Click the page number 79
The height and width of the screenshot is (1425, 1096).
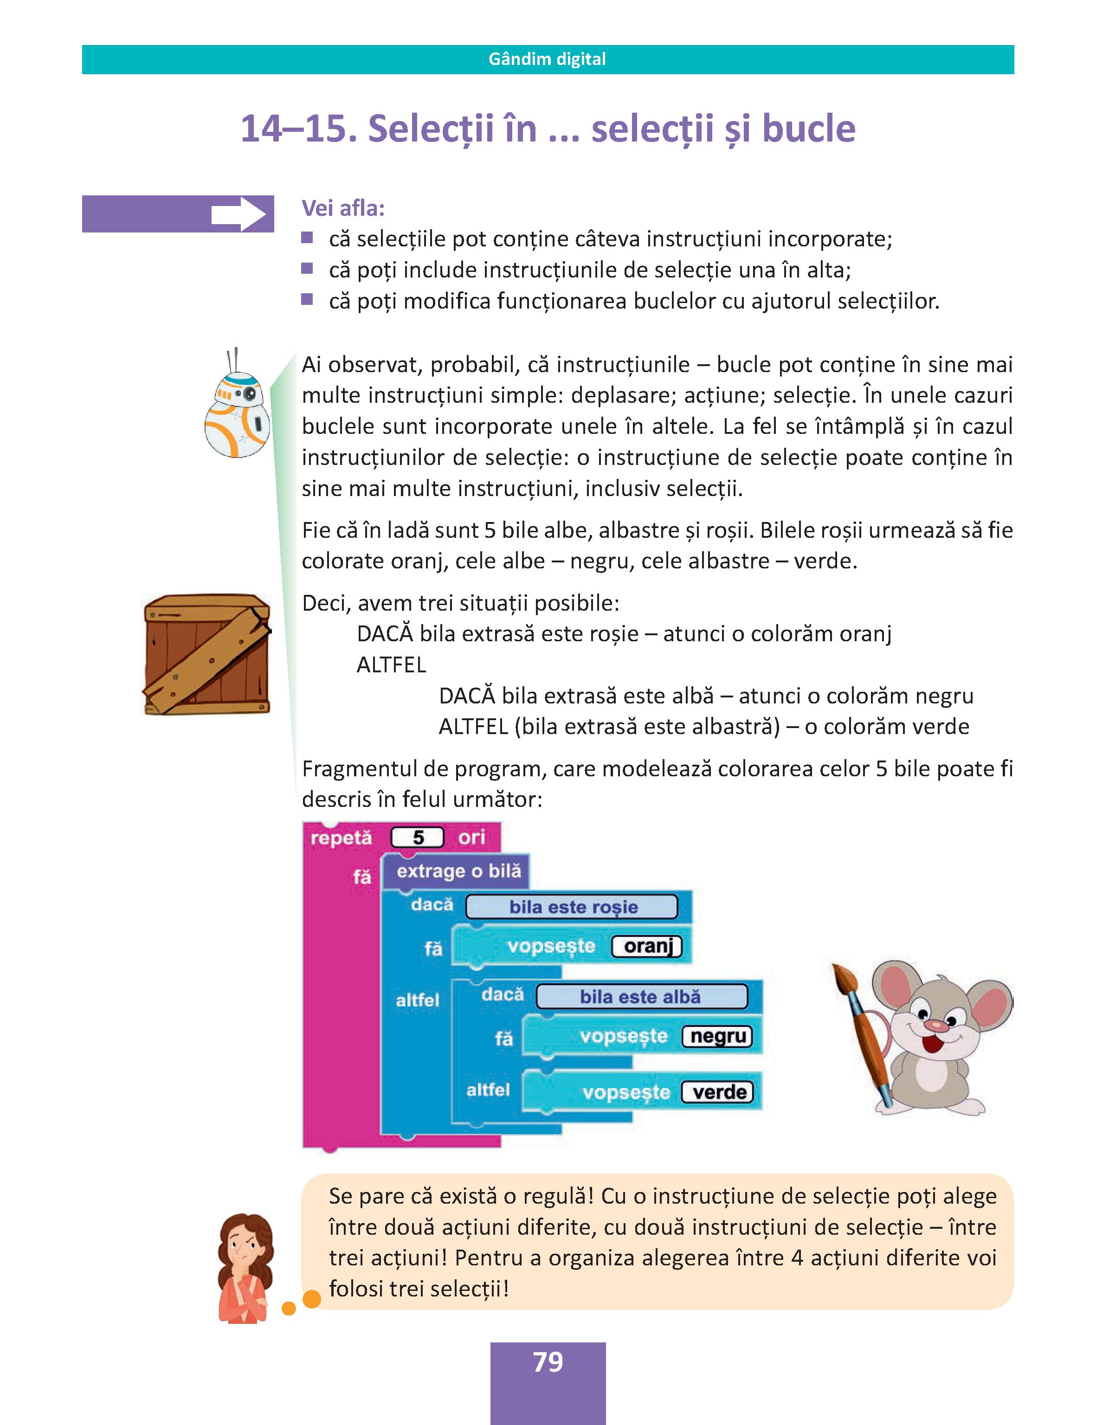coord(548,1362)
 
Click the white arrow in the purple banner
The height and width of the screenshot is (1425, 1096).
coord(238,214)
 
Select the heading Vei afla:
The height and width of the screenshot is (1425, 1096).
coord(343,208)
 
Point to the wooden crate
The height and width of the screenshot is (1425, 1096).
coord(207,654)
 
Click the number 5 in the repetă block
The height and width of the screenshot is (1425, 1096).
coord(418,838)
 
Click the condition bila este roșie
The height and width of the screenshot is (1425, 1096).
coord(572,907)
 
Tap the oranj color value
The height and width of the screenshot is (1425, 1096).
coord(647,946)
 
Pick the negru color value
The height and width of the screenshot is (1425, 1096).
coord(718,1037)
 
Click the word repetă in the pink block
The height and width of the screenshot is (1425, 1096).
coord(341,838)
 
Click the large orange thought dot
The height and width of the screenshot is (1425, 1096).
coord(312,1299)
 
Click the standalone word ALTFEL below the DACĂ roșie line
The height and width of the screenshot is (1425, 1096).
coord(391,665)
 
